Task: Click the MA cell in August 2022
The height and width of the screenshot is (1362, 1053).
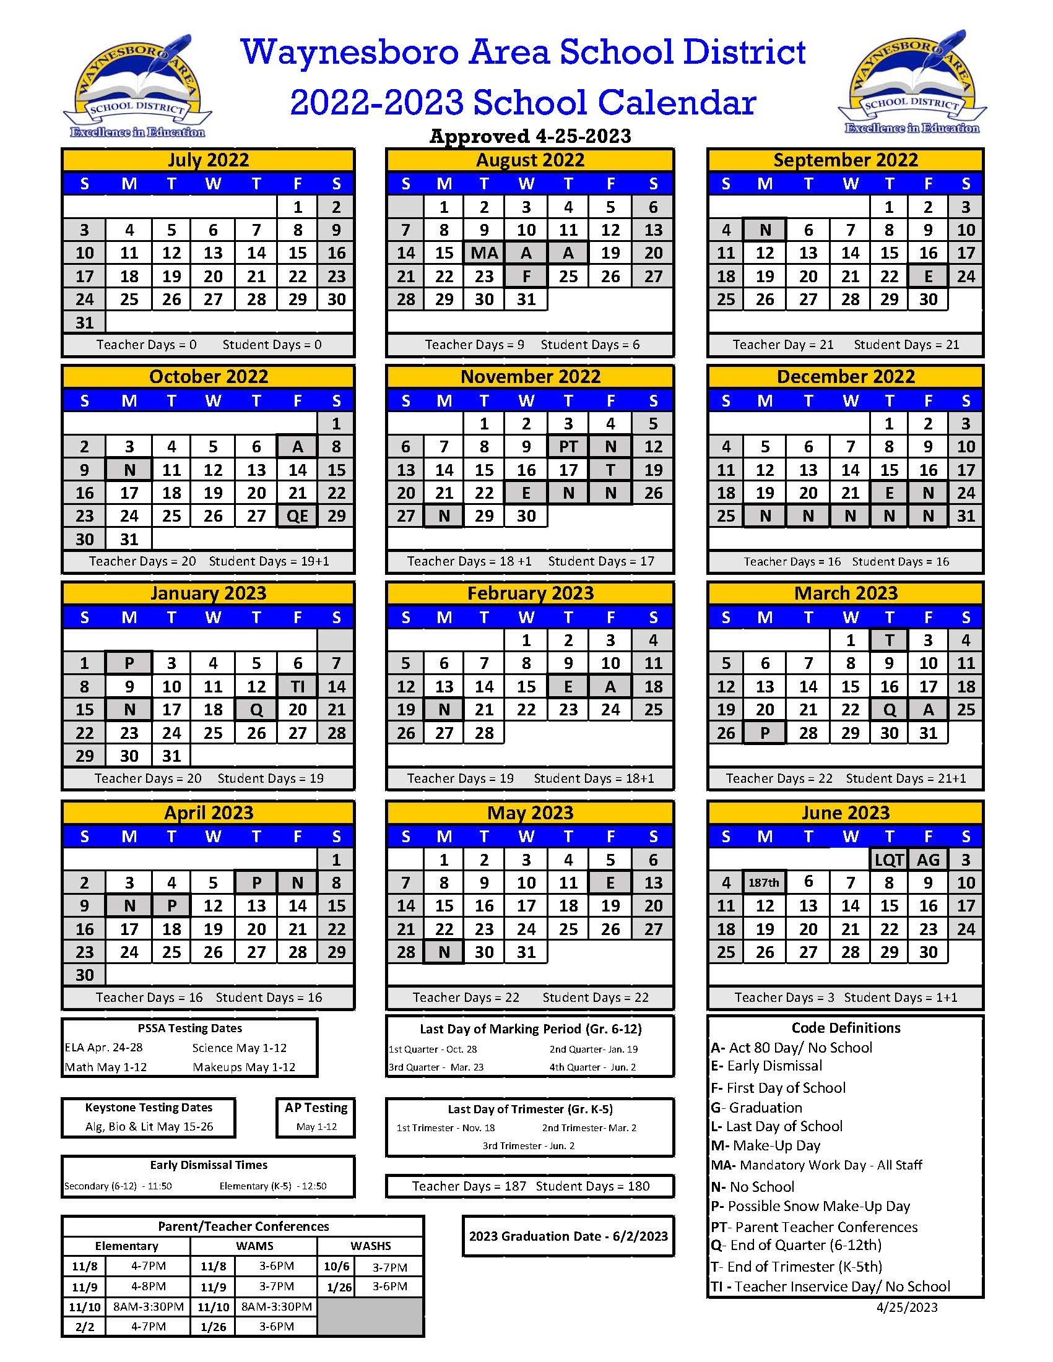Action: tap(484, 252)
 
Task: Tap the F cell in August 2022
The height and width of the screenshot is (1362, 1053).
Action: tap(526, 275)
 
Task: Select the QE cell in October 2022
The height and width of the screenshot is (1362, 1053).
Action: tap(297, 515)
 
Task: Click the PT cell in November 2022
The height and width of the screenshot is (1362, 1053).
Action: tap(568, 447)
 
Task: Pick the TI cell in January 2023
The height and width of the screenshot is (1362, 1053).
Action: tap(297, 686)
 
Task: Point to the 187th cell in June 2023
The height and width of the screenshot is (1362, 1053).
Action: tap(764, 882)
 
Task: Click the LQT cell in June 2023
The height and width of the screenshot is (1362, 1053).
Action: tap(889, 860)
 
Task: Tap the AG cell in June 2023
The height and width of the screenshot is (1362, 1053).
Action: tap(927, 860)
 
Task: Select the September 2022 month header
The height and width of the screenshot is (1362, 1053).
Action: tap(845, 160)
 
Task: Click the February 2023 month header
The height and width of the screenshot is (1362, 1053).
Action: tap(531, 593)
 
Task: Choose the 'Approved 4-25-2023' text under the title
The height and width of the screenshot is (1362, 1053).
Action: tap(531, 136)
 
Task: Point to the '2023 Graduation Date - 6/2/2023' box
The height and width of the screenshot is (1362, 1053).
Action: tap(568, 1236)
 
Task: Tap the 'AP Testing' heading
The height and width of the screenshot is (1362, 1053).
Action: tap(316, 1108)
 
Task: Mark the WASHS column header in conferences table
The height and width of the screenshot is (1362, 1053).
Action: tap(371, 1246)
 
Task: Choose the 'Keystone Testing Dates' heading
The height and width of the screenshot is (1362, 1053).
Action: tap(149, 1108)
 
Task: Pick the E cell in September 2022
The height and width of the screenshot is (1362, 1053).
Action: tap(927, 275)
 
